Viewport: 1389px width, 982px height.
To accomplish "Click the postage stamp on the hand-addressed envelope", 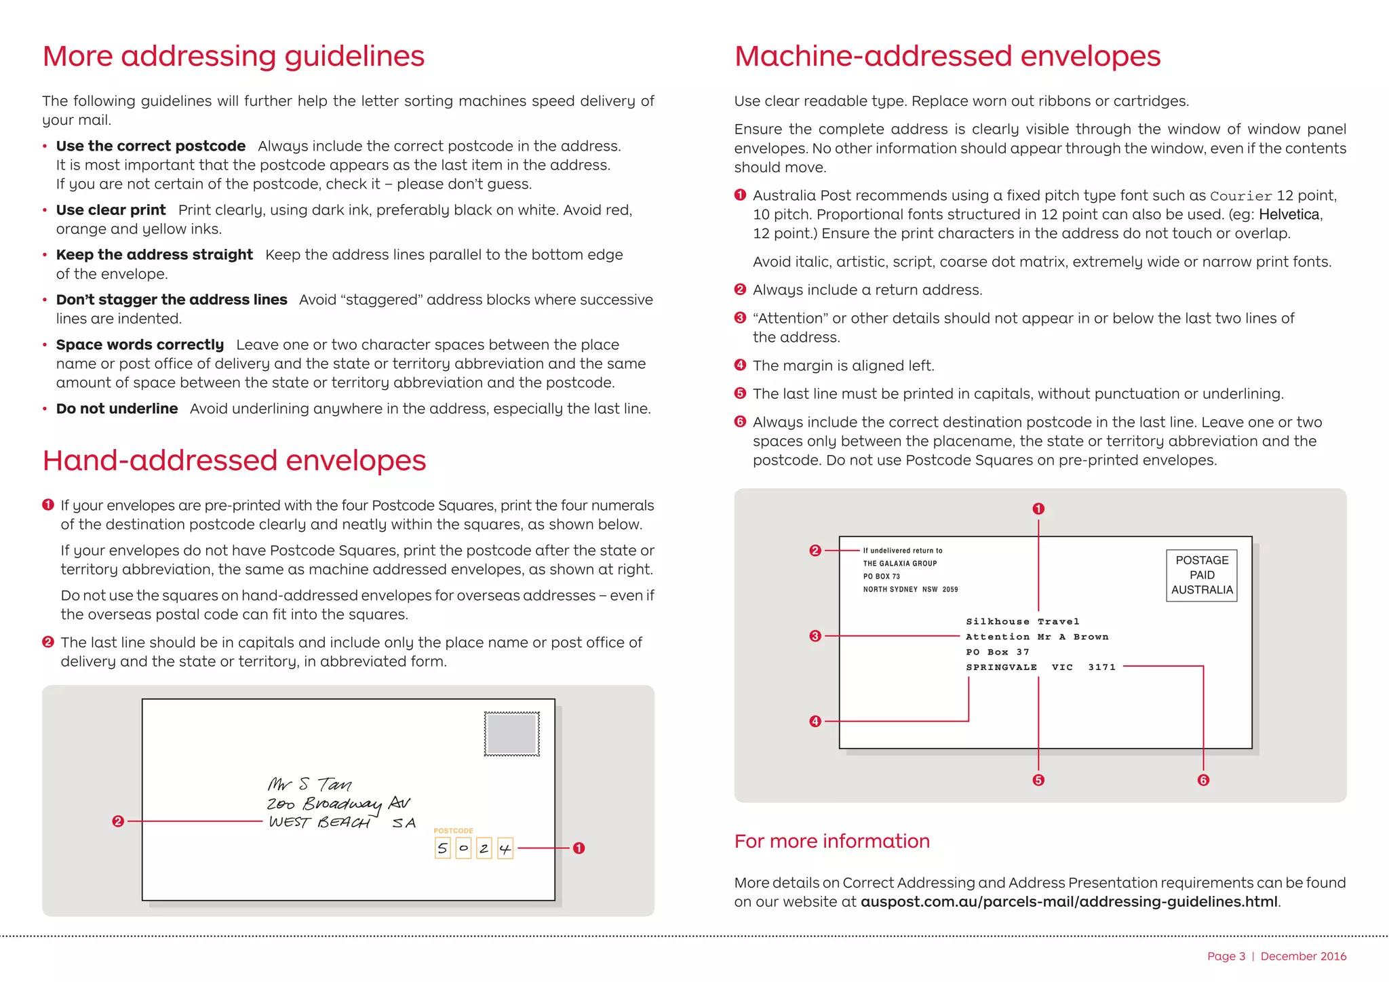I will point(512,734).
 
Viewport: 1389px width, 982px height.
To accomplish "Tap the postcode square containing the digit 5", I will point(442,848).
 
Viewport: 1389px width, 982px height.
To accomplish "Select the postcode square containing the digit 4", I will point(505,848).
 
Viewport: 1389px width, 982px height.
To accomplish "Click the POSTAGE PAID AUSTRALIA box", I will point(1202,575).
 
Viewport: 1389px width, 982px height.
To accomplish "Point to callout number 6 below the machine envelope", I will point(1203,780).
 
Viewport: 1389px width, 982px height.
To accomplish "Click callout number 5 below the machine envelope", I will point(1038,780).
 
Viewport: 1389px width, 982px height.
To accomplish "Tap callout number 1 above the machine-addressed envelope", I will point(1038,509).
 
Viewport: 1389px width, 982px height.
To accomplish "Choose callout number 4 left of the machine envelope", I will point(815,721).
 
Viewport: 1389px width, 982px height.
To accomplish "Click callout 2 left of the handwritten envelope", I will point(118,821).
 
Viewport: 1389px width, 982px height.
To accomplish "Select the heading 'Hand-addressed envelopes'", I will point(234,460).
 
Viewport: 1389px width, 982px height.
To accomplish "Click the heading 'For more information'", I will point(832,841).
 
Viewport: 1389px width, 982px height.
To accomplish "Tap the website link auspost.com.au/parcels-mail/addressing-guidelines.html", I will point(1069,902).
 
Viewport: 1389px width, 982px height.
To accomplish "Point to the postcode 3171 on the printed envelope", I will point(1101,667).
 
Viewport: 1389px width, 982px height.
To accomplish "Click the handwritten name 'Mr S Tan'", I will point(309,785).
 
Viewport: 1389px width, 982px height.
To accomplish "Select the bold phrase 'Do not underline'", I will point(117,409).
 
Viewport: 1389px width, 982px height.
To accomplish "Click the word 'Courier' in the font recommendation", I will point(1241,196).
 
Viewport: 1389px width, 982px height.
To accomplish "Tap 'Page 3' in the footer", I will point(1226,956).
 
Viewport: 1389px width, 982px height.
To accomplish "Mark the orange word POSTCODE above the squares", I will point(453,831).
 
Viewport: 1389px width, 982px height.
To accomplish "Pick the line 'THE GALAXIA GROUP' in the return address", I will point(899,564).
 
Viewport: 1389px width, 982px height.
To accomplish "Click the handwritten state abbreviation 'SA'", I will point(404,823).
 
